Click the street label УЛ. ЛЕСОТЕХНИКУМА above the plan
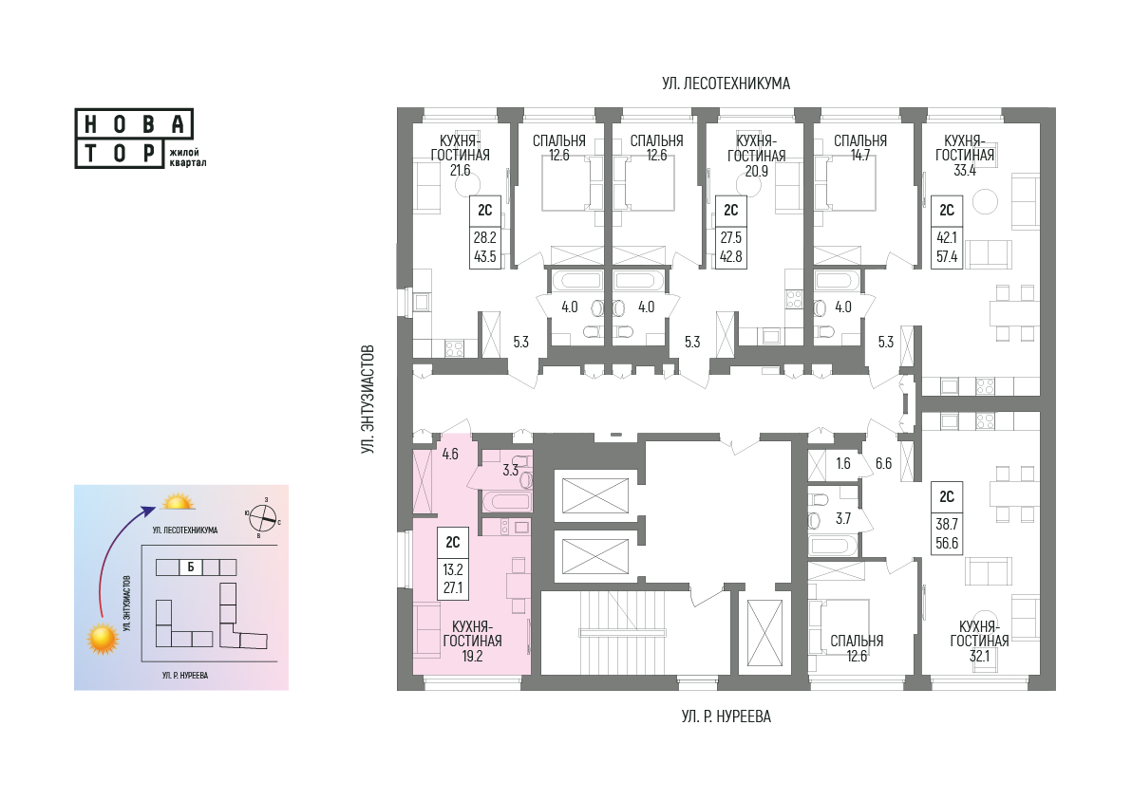tap(726, 84)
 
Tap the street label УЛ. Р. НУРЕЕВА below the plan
tap(726, 717)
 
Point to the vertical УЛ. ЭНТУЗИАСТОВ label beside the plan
tap(368, 400)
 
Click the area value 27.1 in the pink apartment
tap(453, 588)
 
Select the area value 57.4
tap(947, 257)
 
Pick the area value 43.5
tap(485, 257)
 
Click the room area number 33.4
tap(965, 171)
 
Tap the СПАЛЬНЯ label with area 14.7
tap(859, 140)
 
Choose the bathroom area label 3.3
tap(510, 471)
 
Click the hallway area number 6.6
tap(883, 464)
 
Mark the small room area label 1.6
tap(843, 464)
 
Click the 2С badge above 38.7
tap(947, 497)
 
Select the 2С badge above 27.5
tap(730, 210)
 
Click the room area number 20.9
tap(756, 172)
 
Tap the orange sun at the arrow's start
tap(103, 639)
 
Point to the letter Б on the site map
tap(191, 567)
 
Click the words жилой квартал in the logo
tap(188, 158)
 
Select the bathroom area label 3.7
tap(843, 519)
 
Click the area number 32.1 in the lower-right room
tap(979, 657)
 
